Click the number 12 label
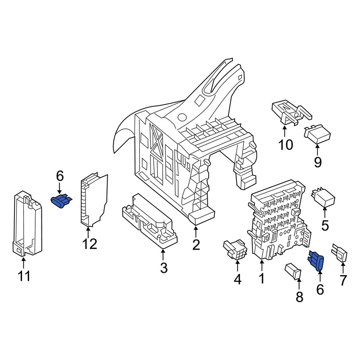click(x=89, y=244)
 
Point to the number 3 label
click(x=163, y=268)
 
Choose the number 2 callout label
click(x=195, y=245)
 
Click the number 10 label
click(x=285, y=145)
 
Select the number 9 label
click(x=318, y=162)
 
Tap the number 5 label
click(x=325, y=226)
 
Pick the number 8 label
click(x=299, y=297)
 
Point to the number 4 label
click(x=238, y=279)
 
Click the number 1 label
click(x=262, y=278)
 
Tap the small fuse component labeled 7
click(x=340, y=253)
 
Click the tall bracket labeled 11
click(x=27, y=223)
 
